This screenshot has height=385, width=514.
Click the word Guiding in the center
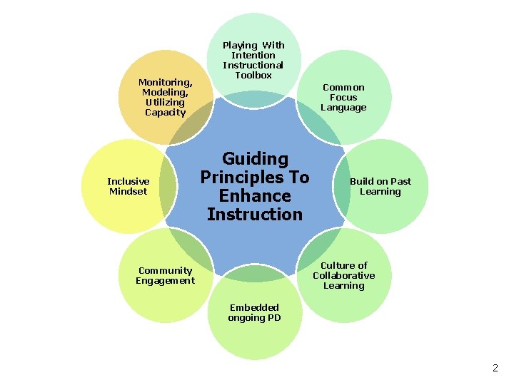click(x=255, y=159)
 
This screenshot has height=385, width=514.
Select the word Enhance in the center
click(x=255, y=196)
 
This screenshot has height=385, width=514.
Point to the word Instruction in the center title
click(x=255, y=214)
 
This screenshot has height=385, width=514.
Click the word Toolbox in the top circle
click(x=253, y=75)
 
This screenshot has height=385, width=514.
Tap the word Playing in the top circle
click(x=240, y=45)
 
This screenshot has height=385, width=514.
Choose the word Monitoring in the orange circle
click(x=164, y=82)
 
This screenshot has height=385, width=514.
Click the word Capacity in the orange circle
click(x=165, y=112)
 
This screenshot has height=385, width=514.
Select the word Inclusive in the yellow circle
click(x=128, y=181)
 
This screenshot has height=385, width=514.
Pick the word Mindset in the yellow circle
click(x=128, y=191)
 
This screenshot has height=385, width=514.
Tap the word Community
click(x=165, y=270)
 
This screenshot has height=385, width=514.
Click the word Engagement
click(x=165, y=280)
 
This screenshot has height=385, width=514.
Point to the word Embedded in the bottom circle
click(x=254, y=307)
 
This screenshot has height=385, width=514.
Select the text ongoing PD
click(x=254, y=318)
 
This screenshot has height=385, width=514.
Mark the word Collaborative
click(x=343, y=275)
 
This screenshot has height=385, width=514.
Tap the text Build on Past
click(x=380, y=181)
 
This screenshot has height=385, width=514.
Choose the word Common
click(x=343, y=87)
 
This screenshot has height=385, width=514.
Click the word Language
click(x=343, y=108)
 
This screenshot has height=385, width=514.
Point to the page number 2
click(x=495, y=368)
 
